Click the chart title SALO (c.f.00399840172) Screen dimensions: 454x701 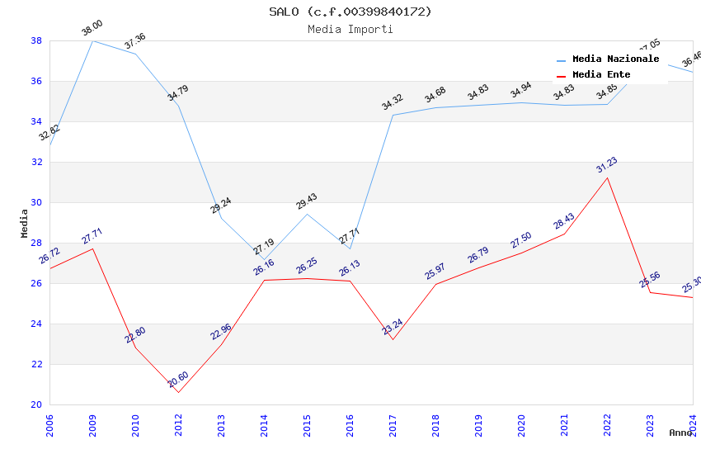pos(350,12)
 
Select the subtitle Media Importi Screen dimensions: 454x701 pos(350,30)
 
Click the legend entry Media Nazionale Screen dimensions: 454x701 pos(615,59)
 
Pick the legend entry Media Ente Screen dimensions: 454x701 pos(600,75)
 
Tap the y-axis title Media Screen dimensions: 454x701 pos(24,223)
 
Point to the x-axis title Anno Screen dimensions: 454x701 pos(680,433)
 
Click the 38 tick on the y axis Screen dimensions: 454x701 pos(36,40)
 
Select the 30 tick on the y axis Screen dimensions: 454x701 pos(36,202)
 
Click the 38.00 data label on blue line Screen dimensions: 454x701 pos(92,31)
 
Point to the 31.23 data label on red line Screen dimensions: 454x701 pos(606,165)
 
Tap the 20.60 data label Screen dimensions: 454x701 pos(178,380)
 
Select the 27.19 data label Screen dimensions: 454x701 pos(264,247)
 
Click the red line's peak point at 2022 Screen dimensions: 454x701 pos(607,177)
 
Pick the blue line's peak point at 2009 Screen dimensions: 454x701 pos(92,40)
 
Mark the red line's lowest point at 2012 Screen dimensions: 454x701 pos(178,392)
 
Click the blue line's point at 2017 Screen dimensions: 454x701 pos(393,115)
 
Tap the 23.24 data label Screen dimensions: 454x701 pos(393,327)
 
